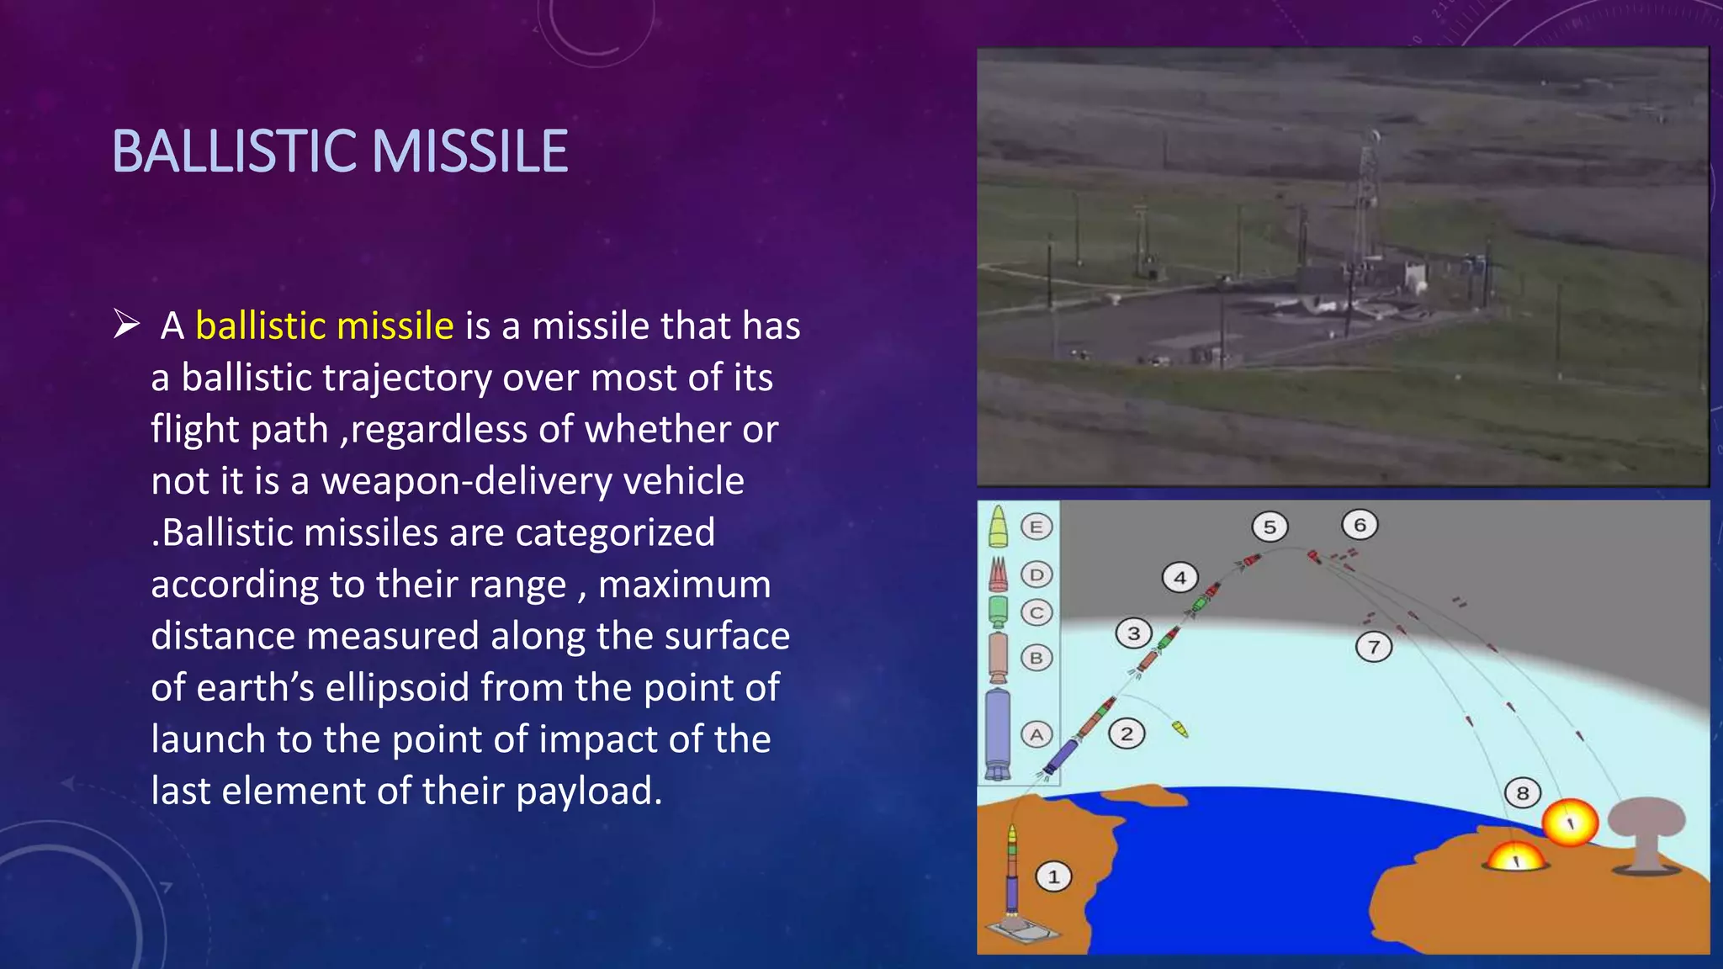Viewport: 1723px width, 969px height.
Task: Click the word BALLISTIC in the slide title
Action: pyautogui.click(x=235, y=152)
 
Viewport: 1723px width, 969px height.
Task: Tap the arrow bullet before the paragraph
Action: pyautogui.click(x=126, y=324)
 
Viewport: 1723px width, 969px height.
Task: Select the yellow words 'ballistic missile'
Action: pyautogui.click(x=324, y=326)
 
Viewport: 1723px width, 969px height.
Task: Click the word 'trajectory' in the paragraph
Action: pyautogui.click(x=408, y=379)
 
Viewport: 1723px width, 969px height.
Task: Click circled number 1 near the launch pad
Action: pyautogui.click(x=1052, y=877)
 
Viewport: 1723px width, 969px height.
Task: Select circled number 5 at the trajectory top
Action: pyautogui.click(x=1270, y=527)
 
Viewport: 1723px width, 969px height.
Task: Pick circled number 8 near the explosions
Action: pyautogui.click(x=1522, y=793)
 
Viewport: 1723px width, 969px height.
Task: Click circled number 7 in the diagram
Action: pyautogui.click(x=1374, y=648)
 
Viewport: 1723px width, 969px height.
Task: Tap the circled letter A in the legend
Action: pyautogui.click(x=1036, y=734)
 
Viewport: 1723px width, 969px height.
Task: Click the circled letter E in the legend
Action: pyautogui.click(x=1036, y=527)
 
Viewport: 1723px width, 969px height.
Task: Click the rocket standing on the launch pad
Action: pyautogui.click(x=1012, y=871)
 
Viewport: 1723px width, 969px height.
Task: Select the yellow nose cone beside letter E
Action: pyautogui.click(x=998, y=527)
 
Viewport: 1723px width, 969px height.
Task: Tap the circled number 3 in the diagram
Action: pyautogui.click(x=1133, y=633)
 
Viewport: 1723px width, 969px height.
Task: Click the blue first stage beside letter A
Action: pyautogui.click(x=997, y=732)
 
